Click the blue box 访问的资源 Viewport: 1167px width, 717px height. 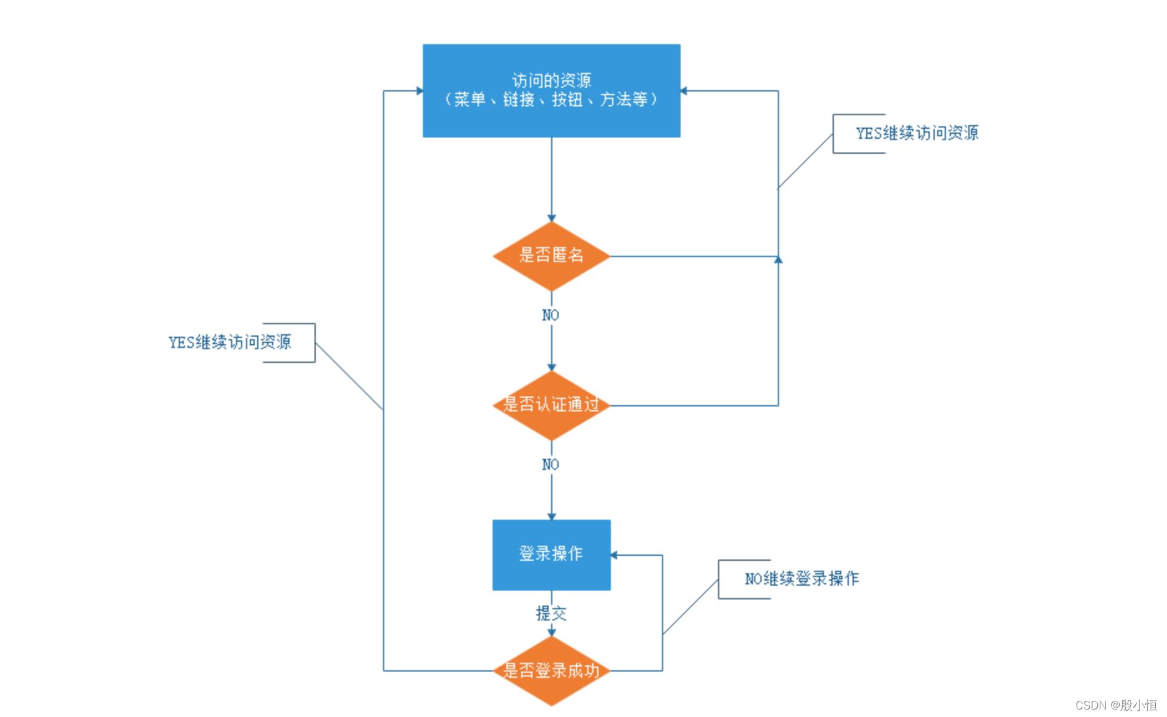click(551, 91)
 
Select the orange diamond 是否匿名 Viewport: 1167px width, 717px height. click(551, 256)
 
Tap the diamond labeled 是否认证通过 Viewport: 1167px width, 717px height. click(551, 405)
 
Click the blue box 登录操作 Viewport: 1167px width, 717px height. click(551, 555)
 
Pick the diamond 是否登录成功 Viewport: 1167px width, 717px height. click(551, 670)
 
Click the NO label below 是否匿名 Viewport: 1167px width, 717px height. click(550, 316)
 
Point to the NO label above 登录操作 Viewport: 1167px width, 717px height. click(550, 465)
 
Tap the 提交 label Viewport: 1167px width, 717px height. click(551, 614)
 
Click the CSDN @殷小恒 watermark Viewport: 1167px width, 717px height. click(1116, 705)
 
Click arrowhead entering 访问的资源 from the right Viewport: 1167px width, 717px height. click(684, 91)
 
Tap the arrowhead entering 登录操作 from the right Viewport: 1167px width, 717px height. click(614, 555)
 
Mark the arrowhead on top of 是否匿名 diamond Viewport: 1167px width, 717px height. click(551, 218)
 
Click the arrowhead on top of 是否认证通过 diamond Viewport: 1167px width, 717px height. click(551, 367)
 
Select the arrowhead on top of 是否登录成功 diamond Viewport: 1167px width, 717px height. click(551, 632)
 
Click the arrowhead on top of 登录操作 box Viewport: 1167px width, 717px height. click(551, 517)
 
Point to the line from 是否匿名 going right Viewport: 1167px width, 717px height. click(694, 256)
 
